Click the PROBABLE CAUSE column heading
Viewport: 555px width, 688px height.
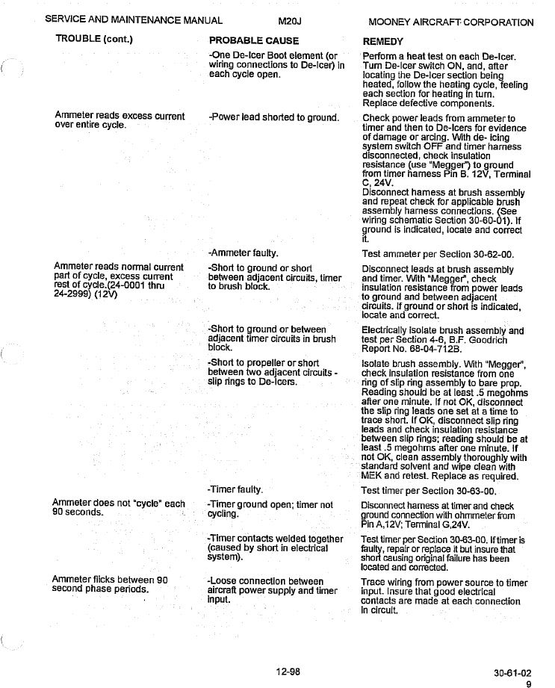tap(253, 41)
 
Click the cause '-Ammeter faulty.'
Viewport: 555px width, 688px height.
tap(244, 253)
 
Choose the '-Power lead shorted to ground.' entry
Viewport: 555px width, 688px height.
tap(274, 118)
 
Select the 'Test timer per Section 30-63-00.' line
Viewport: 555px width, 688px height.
tap(429, 492)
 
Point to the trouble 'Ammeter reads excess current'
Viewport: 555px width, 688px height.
tap(120, 117)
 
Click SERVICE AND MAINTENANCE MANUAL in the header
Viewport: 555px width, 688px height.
tap(133, 22)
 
